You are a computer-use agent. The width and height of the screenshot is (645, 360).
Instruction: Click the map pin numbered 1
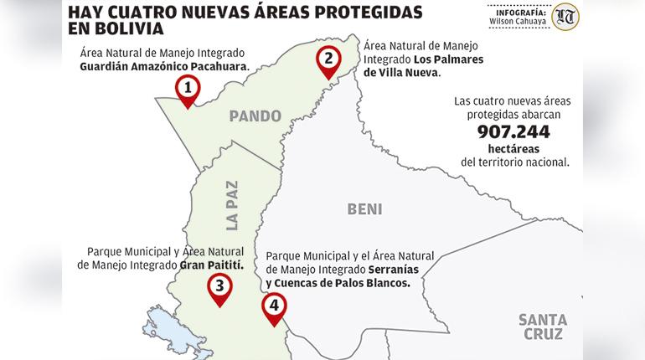click(x=188, y=88)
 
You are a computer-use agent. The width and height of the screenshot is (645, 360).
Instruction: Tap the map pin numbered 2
click(x=328, y=59)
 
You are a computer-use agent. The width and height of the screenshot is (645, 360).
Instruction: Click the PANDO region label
click(x=255, y=116)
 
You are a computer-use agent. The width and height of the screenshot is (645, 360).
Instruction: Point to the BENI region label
click(x=364, y=209)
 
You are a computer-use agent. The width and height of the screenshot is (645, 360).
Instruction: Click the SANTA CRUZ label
click(x=543, y=327)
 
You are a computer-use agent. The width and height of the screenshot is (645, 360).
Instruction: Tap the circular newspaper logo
click(x=566, y=16)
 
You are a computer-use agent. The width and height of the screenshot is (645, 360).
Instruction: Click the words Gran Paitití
click(x=211, y=264)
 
